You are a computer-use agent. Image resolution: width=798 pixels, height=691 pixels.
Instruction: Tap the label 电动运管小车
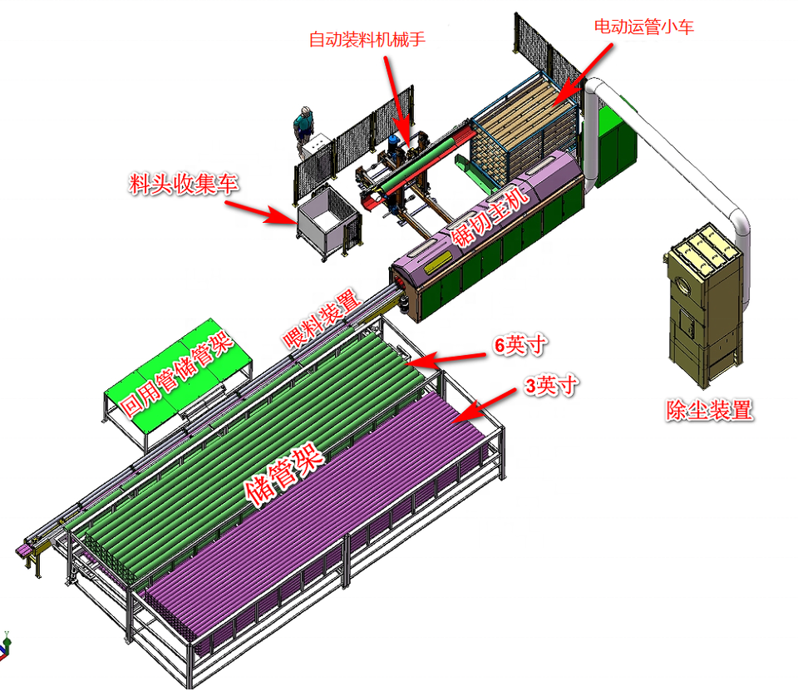(x=644, y=27)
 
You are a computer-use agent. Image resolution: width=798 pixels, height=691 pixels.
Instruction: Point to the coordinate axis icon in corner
(x=6, y=641)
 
